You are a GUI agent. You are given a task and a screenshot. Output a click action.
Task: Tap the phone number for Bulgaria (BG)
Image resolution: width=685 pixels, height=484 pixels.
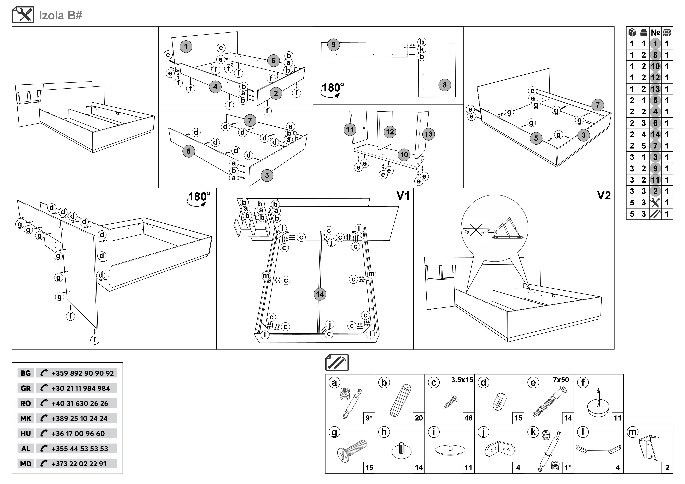(82, 373)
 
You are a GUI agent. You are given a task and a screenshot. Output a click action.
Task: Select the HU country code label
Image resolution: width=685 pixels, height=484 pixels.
(26, 434)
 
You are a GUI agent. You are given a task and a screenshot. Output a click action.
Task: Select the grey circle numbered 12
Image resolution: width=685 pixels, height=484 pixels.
(390, 132)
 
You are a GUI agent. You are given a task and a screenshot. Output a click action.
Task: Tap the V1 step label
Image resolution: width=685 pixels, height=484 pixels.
(403, 196)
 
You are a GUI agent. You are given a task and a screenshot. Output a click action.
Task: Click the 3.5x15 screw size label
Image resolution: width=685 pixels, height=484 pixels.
(462, 380)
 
